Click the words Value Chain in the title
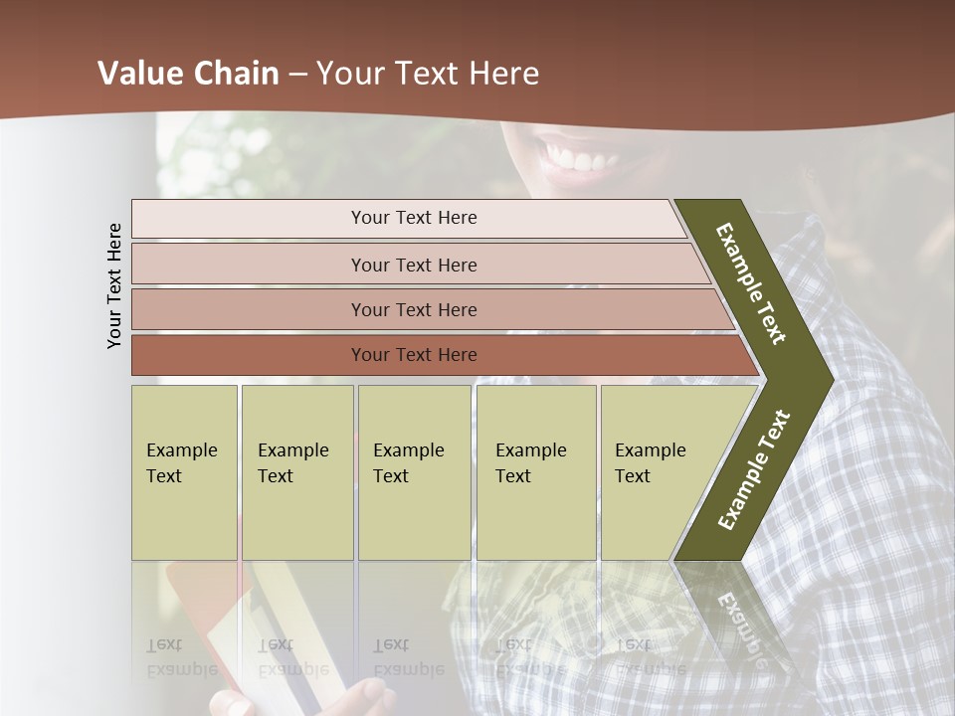coord(188,74)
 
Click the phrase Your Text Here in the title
coord(428,74)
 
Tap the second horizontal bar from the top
coord(413,265)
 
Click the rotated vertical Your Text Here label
coord(114,285)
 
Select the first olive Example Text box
coord(184,472)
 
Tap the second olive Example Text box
coord(296,472)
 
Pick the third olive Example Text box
coord(413,472)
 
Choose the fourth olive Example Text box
coord(535,472)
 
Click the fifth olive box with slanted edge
coord(657,472)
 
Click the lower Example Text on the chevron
coord(754,470)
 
